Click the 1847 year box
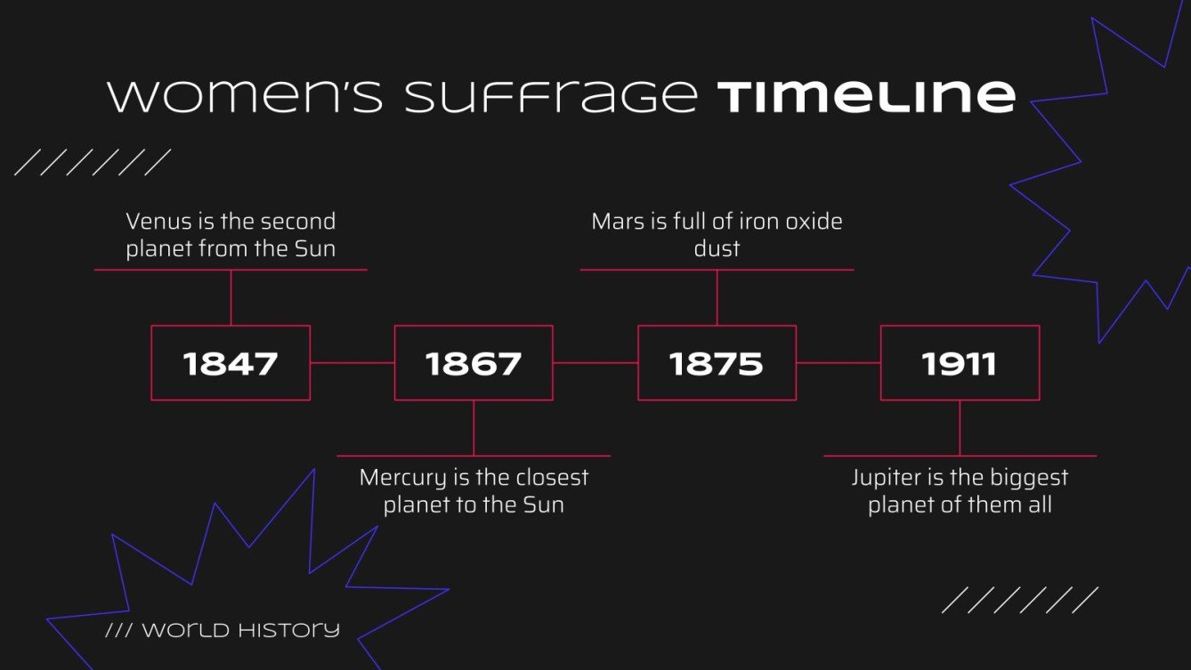point(231,363)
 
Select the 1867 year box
point(474,363)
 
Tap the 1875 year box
point(717,363)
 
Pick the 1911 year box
point(960,363)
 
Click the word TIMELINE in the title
point(866,96)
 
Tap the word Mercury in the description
point(402,478)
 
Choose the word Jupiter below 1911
point(887,478)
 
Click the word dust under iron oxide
point(717,248)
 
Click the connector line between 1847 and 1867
point(352,363)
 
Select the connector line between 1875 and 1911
point(839,363)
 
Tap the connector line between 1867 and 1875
point(595,363)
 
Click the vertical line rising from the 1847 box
point(231,297)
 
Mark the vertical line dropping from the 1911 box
point(960,428)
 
